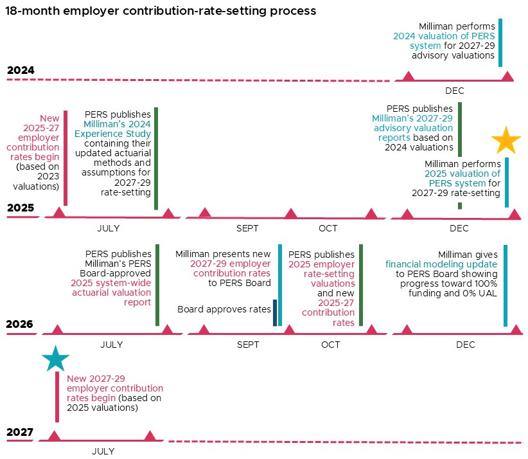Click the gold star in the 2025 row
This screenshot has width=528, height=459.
click(506, 141)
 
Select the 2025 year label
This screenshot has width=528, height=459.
click(21, 208)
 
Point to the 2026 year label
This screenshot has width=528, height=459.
click(21, 325)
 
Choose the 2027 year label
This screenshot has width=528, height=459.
click(20, 432)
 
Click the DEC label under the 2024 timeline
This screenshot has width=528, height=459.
click(454, 91)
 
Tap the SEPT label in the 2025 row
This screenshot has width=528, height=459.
click(247, 228)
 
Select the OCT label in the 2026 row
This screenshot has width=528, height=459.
click(330, 345)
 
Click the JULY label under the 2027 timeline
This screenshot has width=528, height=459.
click(103, 451)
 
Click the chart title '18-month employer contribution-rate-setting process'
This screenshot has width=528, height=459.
click(161, 11)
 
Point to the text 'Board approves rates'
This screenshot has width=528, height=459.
click(224, 310)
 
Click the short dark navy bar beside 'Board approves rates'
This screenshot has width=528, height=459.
click(275, 312)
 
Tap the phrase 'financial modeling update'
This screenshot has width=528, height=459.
click(441, 264)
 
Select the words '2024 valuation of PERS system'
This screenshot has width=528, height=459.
click(443, 41)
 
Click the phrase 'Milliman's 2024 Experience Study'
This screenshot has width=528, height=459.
click(117, 129)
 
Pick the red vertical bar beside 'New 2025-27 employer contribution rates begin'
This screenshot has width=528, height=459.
click(66, 158)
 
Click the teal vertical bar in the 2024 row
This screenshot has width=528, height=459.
click(500, 42)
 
